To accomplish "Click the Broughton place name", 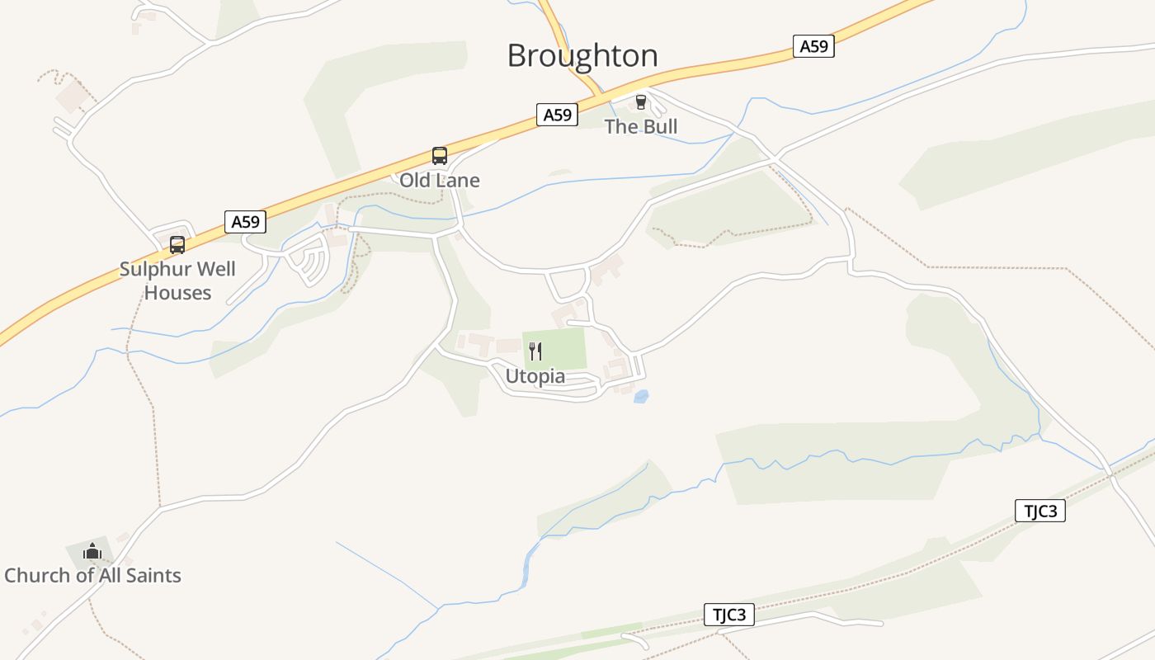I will pyautogui.click(x=582, y=55).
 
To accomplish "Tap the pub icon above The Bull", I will pyautogui.click(x=640, y=102).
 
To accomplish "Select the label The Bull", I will pyautogui.click(x=641, y=126).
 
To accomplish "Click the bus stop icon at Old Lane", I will pyautogui.click(x=440, y=156).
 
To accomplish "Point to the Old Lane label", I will pyautogui.click(x=440, y=180).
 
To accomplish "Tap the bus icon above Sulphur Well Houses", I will pyautogui.click(x=177, y=245).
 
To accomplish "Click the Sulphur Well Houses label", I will pyautogui.click(x=177, y=280).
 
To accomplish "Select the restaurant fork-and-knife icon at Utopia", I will pyautogui.click(x=535, y=351).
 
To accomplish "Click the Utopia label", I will pyautogui.click(x=535, y=376).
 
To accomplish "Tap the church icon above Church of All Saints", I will pyautogui.click(x=92, y=551).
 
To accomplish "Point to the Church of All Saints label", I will pyautogui.click(x=92, y=575).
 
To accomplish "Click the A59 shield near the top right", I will pyautogui.click(x=813, y=46).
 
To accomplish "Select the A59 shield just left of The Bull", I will pyautogui.click(x=558, y=115).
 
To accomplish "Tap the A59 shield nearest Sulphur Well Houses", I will pyautogui.click(x=245, y=221).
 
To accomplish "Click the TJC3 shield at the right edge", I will pyautogui.click(x=1040, y=511).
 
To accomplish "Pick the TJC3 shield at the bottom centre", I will pyautogui.click(x=729, y=615).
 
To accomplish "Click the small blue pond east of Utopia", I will pyautogui.click(x=641, y=397).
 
